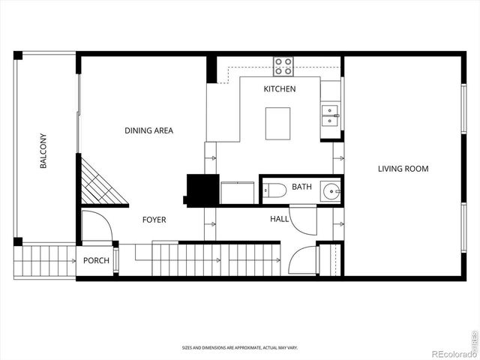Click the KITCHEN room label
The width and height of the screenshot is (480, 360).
pos(279,89)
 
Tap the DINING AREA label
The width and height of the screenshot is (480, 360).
pos(148,130)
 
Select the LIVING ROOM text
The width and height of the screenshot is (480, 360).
pos(403,169)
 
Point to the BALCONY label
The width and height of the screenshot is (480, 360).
pos(43,151)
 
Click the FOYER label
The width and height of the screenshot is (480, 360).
pos(154,220)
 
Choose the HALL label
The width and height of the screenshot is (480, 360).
pos(280,220)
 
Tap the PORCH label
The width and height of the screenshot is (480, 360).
pos(96,261)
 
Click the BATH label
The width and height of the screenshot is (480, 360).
pos(301,187)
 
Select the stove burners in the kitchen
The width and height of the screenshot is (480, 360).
pos(283,67)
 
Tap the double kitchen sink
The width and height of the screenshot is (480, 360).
pos(331,114)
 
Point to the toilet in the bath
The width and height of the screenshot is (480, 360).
pos(274,190)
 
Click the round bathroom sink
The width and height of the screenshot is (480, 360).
pos(331,191)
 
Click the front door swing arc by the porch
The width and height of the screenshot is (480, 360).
pos(95,226)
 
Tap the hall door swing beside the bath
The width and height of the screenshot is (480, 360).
pos(302,220)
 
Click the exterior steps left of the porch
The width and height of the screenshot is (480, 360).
pos(44,262)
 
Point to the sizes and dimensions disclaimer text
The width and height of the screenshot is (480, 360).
pos(239,348)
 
